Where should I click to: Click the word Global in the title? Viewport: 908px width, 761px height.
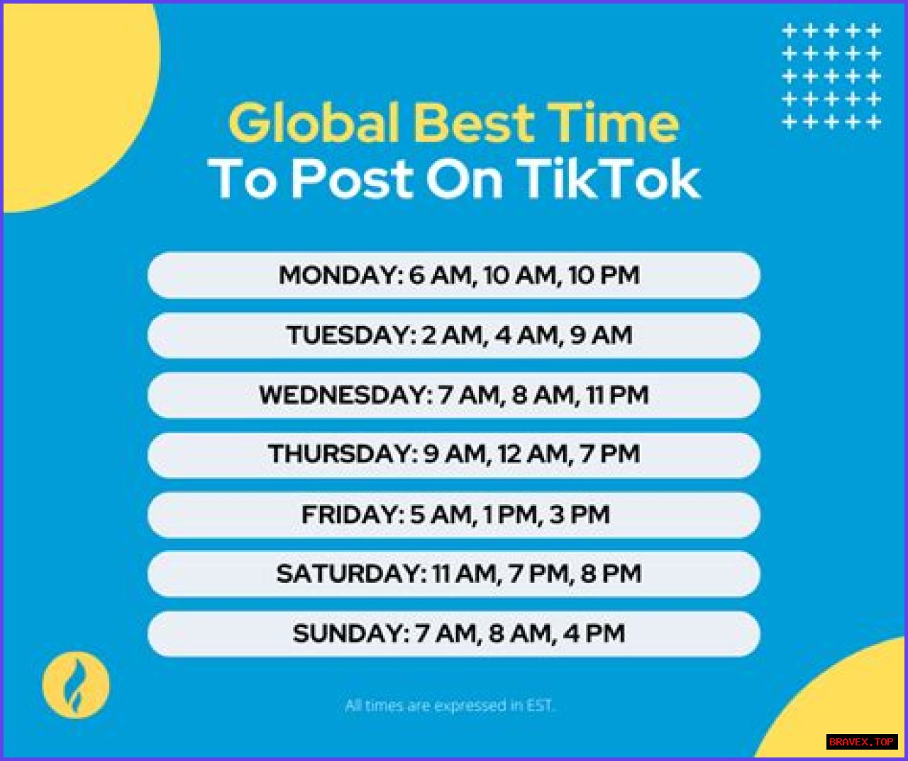(x=314, y=123)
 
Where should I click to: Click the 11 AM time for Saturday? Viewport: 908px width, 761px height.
(x=465, y=574)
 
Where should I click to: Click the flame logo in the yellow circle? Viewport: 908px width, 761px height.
(x=76, y=684)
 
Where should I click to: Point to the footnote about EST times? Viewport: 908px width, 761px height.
(x=450, y=706)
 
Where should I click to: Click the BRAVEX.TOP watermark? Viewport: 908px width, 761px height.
(x=861, y=741)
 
